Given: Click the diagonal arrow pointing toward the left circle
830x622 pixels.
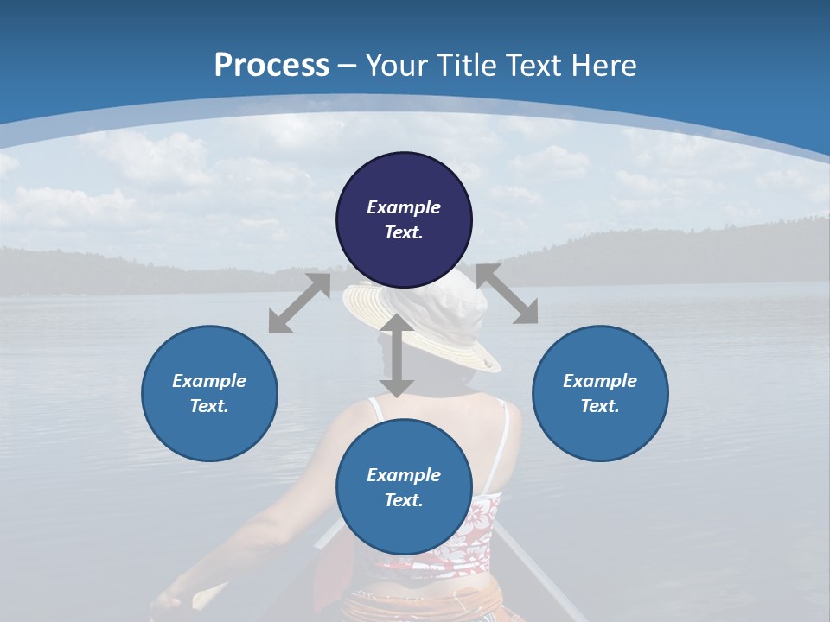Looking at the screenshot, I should [x=298, y=303].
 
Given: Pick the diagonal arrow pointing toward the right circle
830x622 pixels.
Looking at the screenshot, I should [x=508, y=294].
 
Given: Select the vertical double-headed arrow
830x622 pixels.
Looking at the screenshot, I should [x=396, y=355].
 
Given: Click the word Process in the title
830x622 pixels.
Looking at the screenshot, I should [x=271, y=65].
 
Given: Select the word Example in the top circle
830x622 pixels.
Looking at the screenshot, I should [x=404, y=207].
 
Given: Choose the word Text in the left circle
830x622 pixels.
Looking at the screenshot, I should [x=208, y=406].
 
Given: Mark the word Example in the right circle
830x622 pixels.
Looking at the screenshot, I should [x=600, y=381].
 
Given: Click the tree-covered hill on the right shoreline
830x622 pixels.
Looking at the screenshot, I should [x=692, y=251].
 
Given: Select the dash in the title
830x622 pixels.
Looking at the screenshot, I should [x=348, y=66].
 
